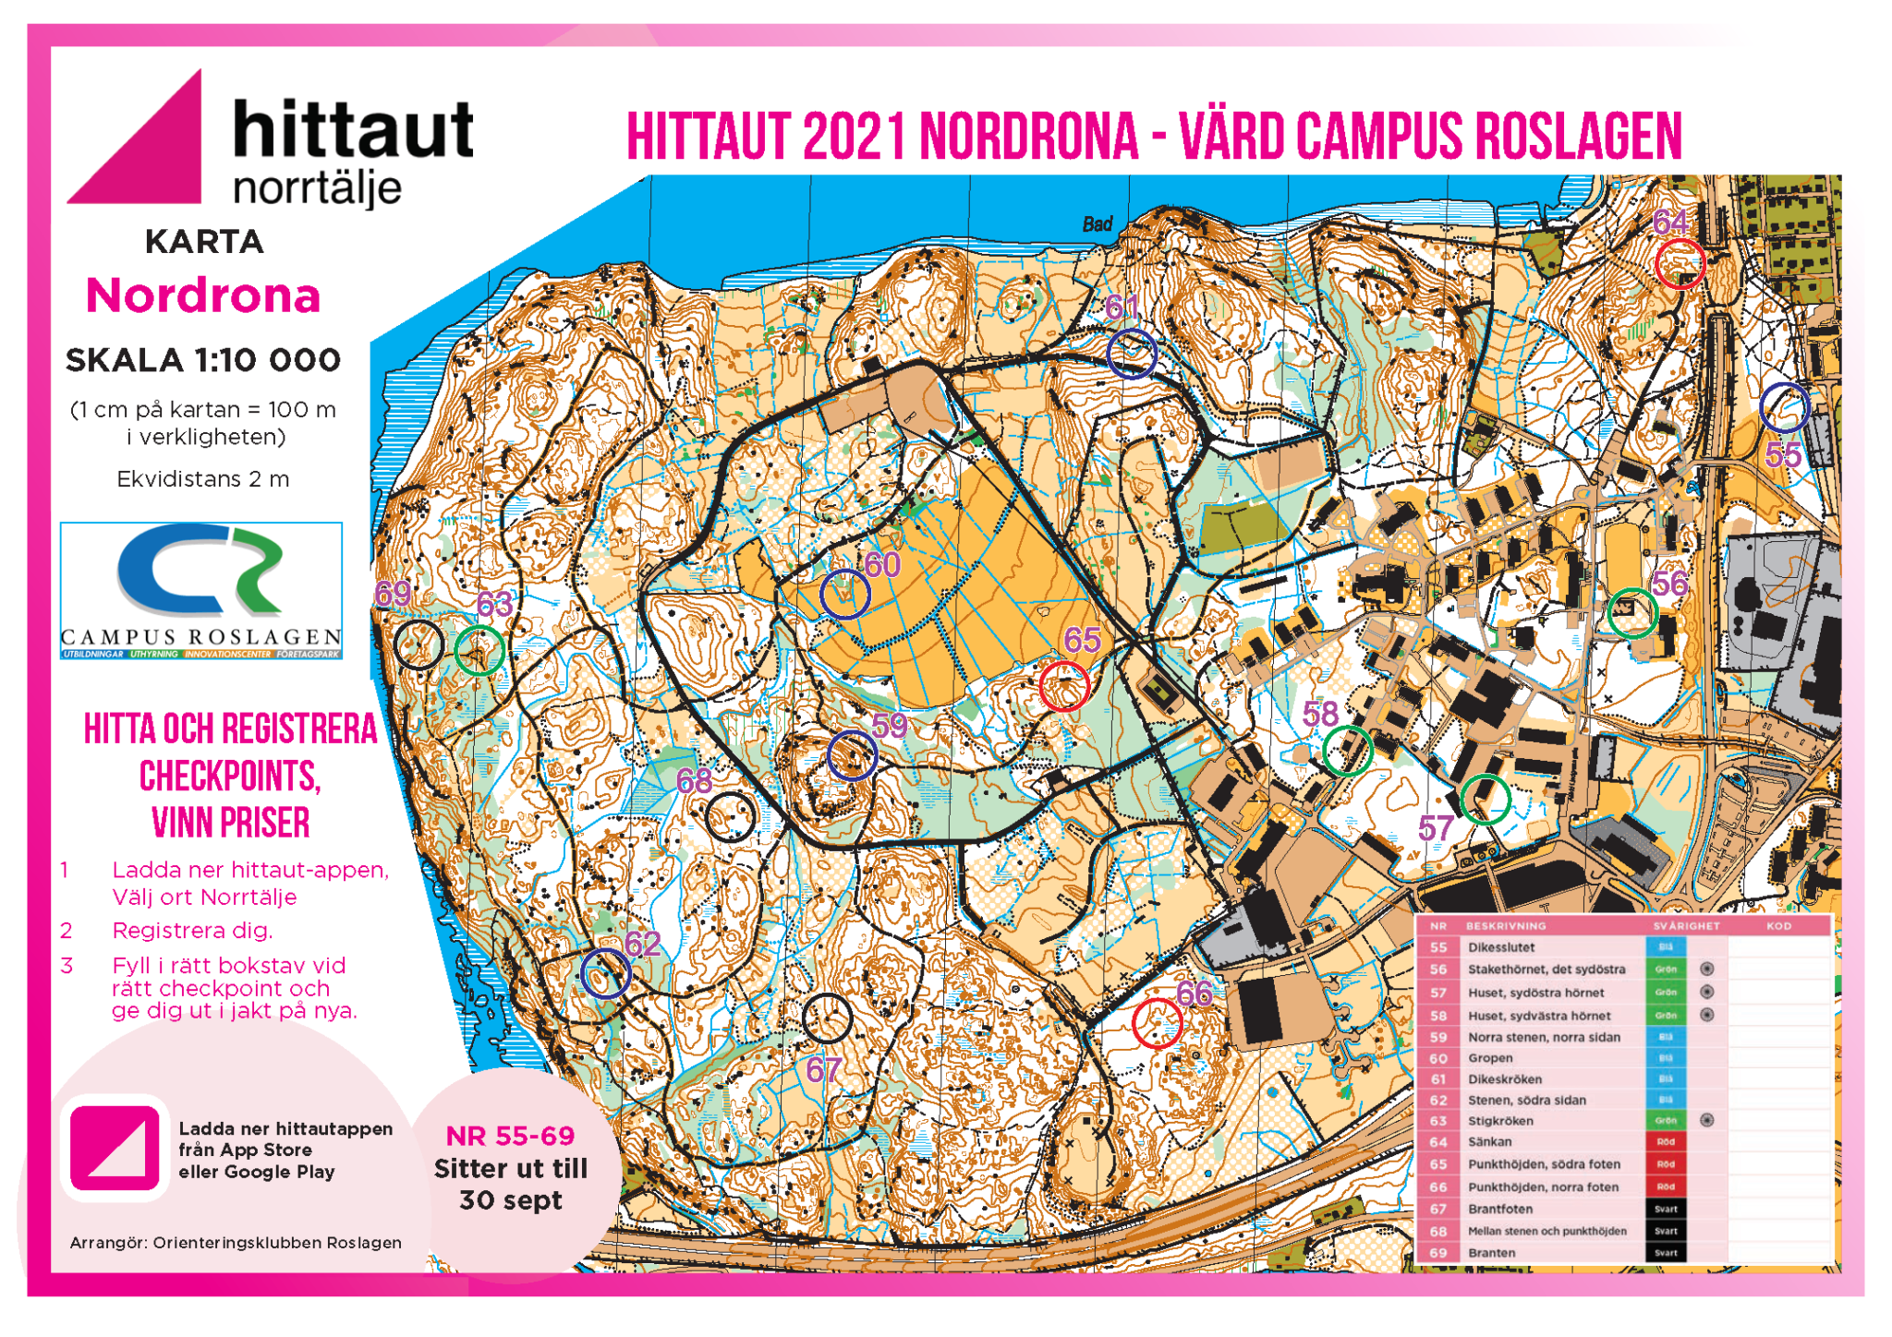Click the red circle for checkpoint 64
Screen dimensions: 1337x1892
tap(1679, 263)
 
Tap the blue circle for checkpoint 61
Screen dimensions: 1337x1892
tap(1132, 354)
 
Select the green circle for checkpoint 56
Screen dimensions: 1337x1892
tap(1632, 613)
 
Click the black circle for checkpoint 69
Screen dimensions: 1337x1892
tap(418, 644)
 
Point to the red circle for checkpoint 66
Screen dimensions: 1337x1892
tap(1157, 1023)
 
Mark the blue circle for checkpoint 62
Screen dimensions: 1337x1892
tap(606, 973)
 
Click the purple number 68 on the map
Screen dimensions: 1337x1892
tap(694, 782)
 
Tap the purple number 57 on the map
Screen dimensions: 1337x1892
tap(1436, 828)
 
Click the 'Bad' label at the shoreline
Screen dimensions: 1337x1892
tap(1098, 224)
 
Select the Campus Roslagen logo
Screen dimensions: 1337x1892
tap(201, 590)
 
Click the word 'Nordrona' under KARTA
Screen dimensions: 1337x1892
tap(203, 296)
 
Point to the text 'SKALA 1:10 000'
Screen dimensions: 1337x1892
tap(203, 360)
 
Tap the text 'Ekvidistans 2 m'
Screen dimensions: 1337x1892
tap(203, 479)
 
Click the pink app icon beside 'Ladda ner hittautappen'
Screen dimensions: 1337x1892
tap(115, 1148)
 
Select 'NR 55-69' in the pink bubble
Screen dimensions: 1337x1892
tap(510, 1136)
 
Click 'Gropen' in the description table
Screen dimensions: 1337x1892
tap(1490, 1058)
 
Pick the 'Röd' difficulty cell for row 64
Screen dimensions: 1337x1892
tap(1665, 1142)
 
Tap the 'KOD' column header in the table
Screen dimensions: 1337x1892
tap(1778, 925)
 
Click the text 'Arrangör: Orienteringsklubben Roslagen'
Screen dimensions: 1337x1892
tap(236, 1243)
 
